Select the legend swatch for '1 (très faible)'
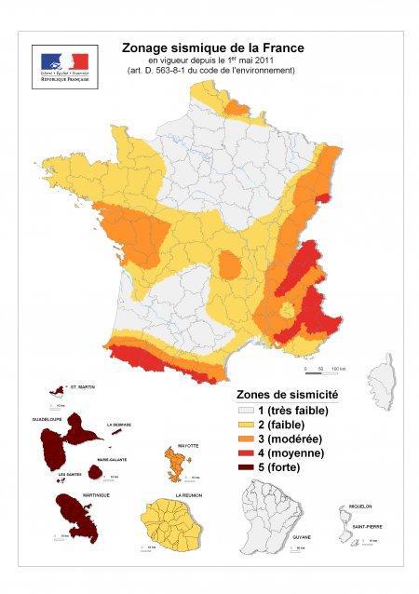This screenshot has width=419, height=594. click(x=246, y=410)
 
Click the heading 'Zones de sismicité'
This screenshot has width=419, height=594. click(x=288, y=394)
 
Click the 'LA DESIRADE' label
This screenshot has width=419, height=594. click(x=125, y=425)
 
